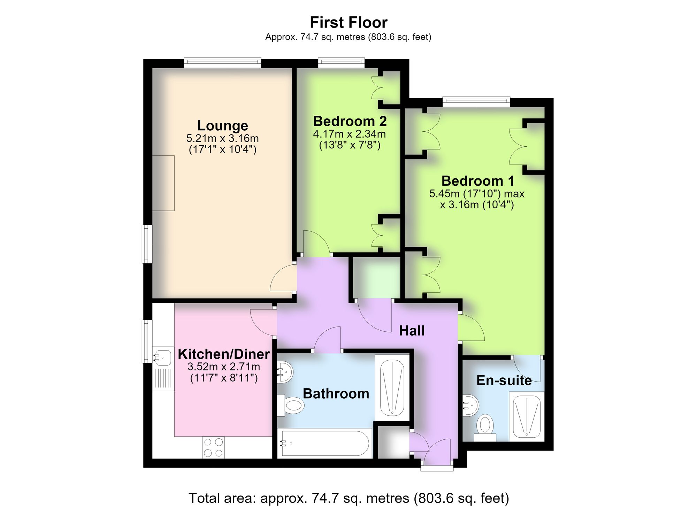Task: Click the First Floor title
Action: [x=348, y=23]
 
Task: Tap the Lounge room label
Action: [x=223, y=125]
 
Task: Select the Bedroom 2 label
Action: [x=350, y=121]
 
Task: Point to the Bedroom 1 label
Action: [x=478, y=181]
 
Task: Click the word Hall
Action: [x=412, y=331]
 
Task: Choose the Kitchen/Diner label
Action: [x=224, y=354]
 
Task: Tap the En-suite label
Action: [x=504, y=380]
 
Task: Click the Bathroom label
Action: [x=336, y=394]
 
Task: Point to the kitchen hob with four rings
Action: [x=213, y=447]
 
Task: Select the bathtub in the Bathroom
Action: [x=325, y=443]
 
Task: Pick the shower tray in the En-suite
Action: [x=527, y=417]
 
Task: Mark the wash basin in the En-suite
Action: [x=471, y=405]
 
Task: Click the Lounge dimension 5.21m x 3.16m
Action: [x=223, y=138]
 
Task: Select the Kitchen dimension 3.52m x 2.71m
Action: [x=224, y=367]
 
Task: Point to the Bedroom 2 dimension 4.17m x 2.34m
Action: [x=350, y=134]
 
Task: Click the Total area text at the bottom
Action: [x=348, y=498]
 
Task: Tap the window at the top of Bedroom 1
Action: [x=476, y=102]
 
